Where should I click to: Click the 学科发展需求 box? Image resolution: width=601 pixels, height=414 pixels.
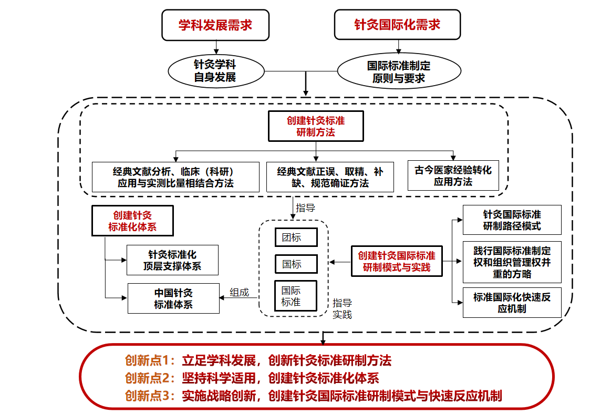click(x=215, y=25)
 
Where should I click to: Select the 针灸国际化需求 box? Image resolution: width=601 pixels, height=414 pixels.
click(x=397, y=25)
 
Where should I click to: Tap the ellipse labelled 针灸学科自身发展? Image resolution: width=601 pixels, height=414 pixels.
click(x=215, y=71)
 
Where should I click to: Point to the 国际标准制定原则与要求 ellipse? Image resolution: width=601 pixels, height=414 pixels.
click(x=399, y=72)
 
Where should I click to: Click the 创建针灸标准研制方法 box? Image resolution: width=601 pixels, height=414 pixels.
click(x=315, y=126)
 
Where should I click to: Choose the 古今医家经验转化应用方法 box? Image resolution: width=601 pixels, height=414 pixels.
click(x=453, y=176)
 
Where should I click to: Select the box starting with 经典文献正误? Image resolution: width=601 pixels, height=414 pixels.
click(x=330, y=177)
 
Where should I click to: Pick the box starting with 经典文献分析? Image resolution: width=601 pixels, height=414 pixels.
click(x=175, y=177)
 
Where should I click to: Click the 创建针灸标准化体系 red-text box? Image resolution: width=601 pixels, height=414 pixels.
click(x=132, y=221)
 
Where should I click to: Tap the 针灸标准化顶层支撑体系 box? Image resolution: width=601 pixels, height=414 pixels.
click(x=172, y=260)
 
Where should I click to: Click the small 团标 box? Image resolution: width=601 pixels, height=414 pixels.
click(x=296, y=237)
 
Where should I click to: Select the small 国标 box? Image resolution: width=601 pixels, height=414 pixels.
click(x=296, y=264)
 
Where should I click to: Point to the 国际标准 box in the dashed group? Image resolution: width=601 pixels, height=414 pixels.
click(x=296, y=296)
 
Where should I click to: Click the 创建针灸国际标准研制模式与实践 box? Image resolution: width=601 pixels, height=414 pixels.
click(x=397, y=262)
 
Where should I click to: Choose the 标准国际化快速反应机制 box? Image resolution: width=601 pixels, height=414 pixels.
click(x=512, y=303)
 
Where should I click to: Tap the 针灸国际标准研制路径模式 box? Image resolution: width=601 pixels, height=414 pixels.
click(x=512, y=220)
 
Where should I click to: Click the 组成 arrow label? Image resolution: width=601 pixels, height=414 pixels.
click(x=239, y=293)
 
